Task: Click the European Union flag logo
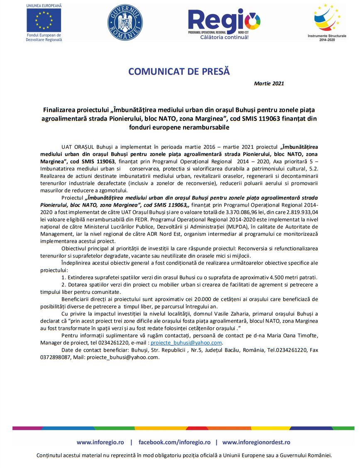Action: pos(44,20)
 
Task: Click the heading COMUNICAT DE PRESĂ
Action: pos(179,71)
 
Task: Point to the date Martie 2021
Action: pos(269,84)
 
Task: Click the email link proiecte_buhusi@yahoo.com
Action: pos(186,343)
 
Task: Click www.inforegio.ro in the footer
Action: pos(100,442)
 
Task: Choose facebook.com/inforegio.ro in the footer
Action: pos(174,442)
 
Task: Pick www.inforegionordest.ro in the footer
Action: pos(256,442)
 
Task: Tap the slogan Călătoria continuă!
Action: pos(225,37)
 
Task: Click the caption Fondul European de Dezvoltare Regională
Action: pos(44,37)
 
